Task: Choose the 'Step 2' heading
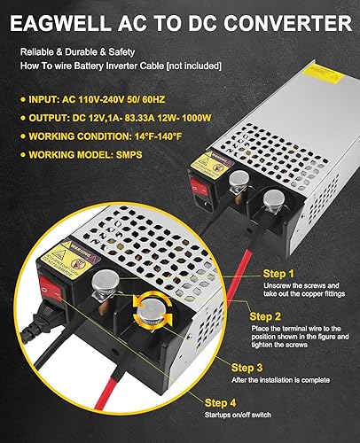point(266,315)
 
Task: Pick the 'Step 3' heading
point(248,367)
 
